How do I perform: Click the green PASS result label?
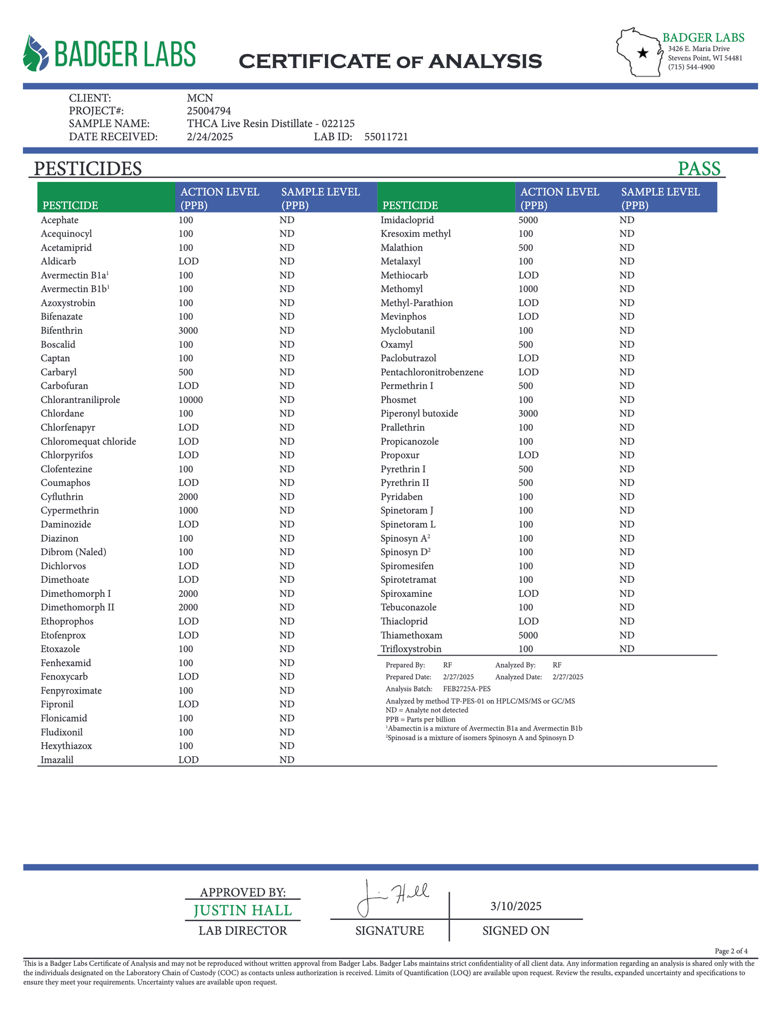click(x=699, y=169)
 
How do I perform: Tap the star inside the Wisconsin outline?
click(x=643, y=53)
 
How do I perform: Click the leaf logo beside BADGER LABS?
click(x=36, y=53)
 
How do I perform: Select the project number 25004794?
click(x=209, y=111)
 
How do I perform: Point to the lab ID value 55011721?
click(x=386, y=137)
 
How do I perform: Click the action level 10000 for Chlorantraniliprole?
click(x=191, y=400)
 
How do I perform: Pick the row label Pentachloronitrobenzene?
click(x=432, y=372)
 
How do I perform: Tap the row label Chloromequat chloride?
click(x=88, y=441)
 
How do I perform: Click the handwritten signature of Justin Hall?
click(x=392, y=898)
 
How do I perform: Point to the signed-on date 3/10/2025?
click(x=516, y=906)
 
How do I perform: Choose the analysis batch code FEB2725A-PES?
click(x=467, y=689)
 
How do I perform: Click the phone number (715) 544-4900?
click(x=691, y=67)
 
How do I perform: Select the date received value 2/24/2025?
click(x=210, y=137)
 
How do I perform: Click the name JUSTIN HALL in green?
click(x=243, y=910)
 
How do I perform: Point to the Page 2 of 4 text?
click(x=731, y=951)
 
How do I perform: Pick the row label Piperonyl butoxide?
click(x=419, y=414)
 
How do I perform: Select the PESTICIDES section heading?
click(x=88, y=169)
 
